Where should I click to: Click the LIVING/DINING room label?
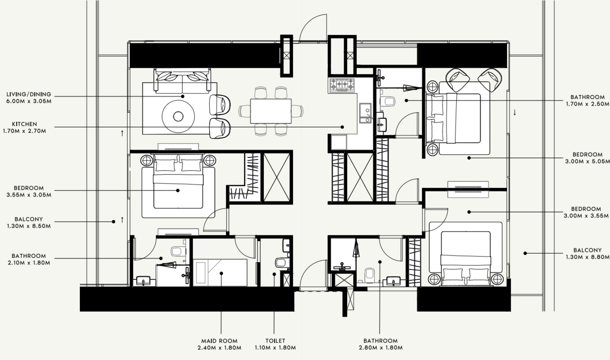28,94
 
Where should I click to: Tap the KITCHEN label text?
25,124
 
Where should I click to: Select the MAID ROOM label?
219,341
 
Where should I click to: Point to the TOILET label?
275,341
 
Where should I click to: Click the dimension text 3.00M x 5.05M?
587,161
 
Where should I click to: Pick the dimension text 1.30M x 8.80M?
587,257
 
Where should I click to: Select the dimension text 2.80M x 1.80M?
380,348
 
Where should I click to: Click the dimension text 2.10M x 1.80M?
28,263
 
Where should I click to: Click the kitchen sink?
365,113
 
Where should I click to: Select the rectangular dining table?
271,111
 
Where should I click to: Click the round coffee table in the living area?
179,116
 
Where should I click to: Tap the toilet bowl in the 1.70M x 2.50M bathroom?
387,101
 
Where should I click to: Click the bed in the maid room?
220,273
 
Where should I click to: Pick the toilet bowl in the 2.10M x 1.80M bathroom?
178,251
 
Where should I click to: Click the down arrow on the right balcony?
515,112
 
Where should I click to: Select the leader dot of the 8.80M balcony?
525,253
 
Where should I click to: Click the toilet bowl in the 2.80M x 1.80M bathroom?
370,275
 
